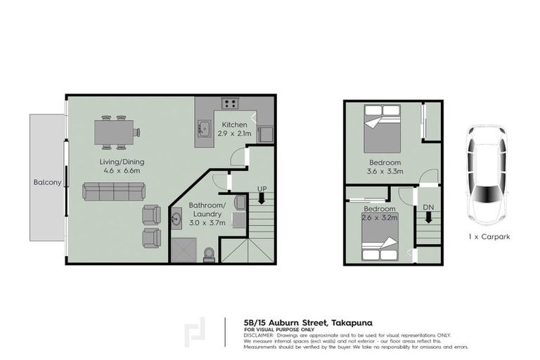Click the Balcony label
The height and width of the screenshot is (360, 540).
[48, 183]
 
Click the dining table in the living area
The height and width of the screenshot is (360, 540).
[116, 131]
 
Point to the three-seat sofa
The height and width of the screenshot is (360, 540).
[113, 191]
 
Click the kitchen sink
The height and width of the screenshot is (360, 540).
[205, 128]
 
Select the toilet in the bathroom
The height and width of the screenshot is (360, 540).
[208, 253]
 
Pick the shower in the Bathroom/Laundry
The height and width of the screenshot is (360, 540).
[185, 247]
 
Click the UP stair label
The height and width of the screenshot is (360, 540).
[262, 189]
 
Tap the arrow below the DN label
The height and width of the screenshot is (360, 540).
[428, 219]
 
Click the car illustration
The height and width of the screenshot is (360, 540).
[485, 173]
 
